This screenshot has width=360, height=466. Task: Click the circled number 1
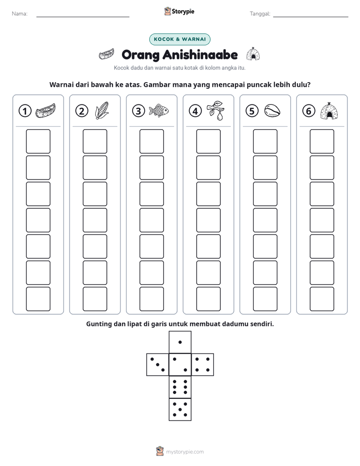[25, 111]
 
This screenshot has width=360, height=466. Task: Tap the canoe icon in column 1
[45, 110]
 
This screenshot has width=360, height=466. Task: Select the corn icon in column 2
[102, 110]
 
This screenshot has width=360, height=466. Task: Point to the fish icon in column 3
[159, 110]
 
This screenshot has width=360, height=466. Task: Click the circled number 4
[195, 111]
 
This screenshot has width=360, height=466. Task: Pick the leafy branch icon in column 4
[216, 110]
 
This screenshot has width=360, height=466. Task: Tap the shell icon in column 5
[272, 110]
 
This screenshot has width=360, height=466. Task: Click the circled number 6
[309, 111]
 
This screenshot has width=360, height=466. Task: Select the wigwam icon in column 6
[329, 110]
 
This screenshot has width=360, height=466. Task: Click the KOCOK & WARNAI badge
[179, 39]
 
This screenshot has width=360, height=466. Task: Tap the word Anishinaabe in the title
[200, 54]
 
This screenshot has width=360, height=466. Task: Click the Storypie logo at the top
[179, 11]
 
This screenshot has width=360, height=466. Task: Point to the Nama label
[20, 14]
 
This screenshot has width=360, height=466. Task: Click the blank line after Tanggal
[311, 17]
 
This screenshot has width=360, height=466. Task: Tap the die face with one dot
[180, 342]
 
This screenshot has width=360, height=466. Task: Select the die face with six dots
[180, 387]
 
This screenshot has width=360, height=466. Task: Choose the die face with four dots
[203, 365]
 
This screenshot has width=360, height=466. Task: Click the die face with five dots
[180, 410]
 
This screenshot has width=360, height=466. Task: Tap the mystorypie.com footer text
[185, 452]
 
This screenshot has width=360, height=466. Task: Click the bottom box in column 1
[38, 299]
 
